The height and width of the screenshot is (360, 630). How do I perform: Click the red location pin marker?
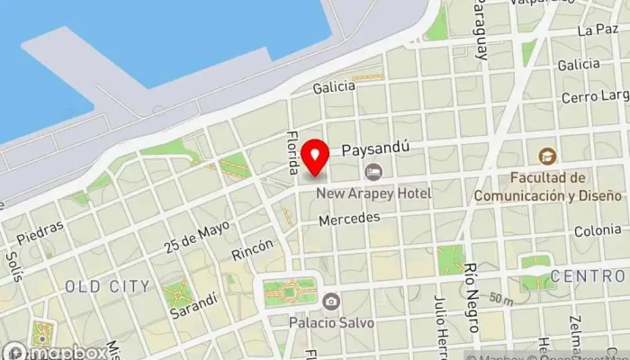pyautogui.click(x=315, y=157)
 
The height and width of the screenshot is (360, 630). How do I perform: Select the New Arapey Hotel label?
pyautogui.click(x=373, y=193)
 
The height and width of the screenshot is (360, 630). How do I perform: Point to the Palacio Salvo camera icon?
pyautogui.click(x=331, y=301)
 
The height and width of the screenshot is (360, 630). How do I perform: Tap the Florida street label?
pyautogui.click(x=292, y=151)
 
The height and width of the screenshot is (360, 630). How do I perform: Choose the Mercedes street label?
pyautogui.click(x=349, y=218)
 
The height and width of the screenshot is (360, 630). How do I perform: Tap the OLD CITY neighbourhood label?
pyautogui.click(x=107, y=286)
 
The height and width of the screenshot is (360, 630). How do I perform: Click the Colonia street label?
pyautogui.click(x=597, y=231)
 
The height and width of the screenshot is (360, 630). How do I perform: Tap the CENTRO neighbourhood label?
pyautogui.click(x=587, y=274)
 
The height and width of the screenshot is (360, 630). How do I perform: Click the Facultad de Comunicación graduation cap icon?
pyautogui.click(x=547, y=157)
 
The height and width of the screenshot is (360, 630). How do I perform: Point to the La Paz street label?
pyautogui.click(x=598, y=30)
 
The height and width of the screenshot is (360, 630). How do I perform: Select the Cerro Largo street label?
pyautogui.click(x=592, y=96)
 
